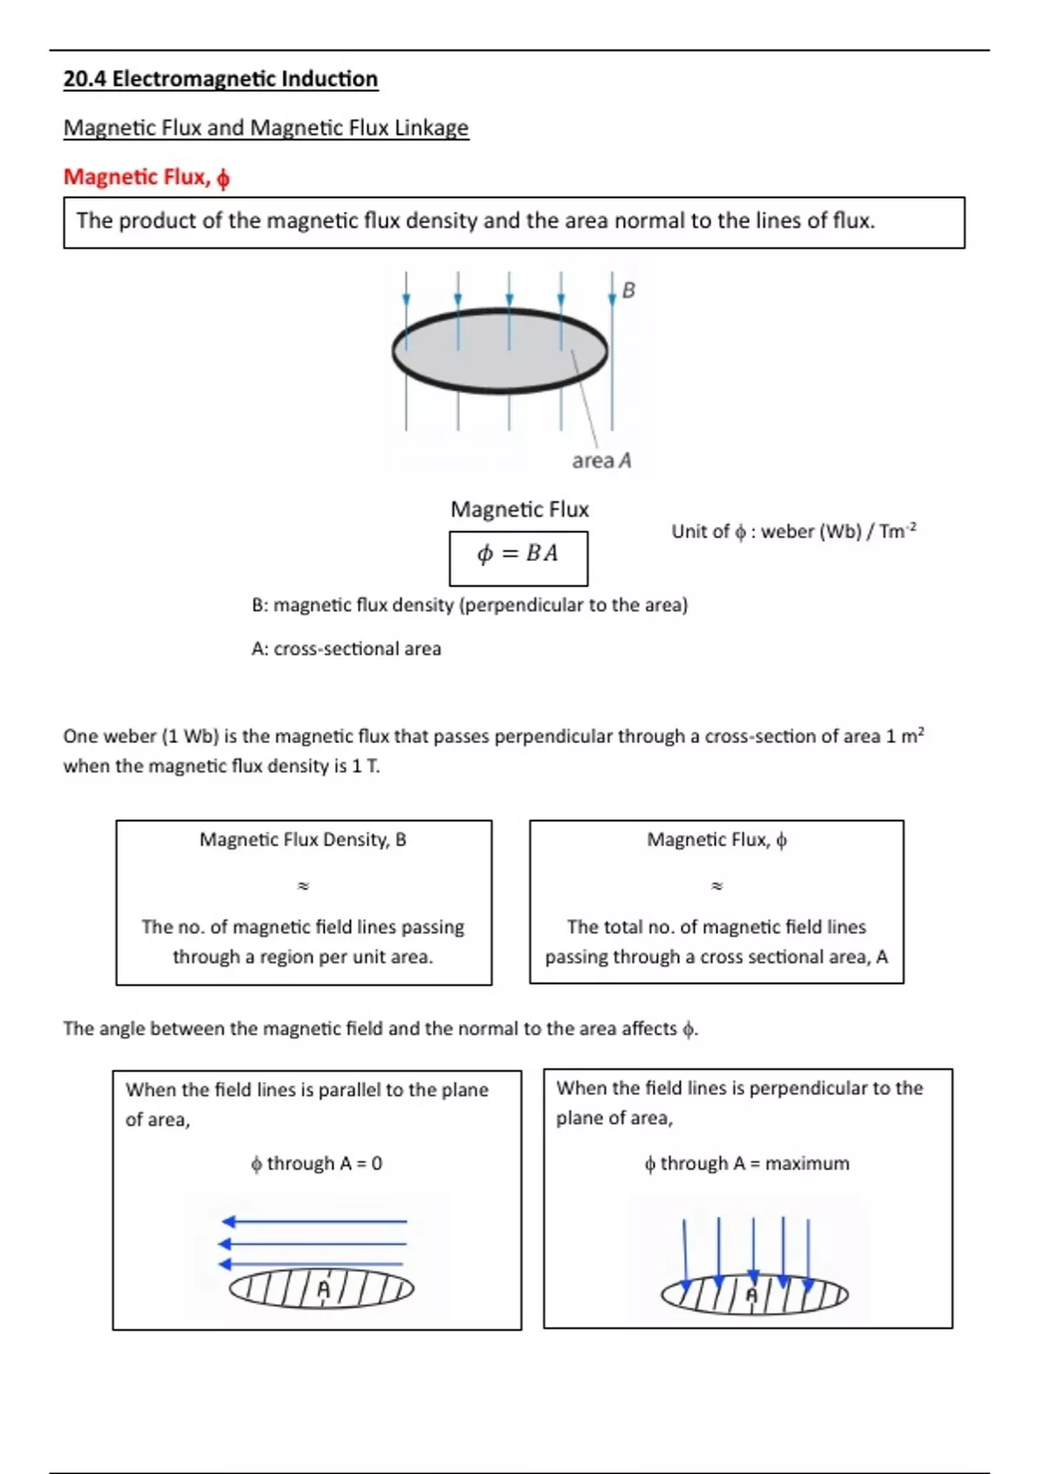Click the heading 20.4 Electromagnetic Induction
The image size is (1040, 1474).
click(x=220, y=79)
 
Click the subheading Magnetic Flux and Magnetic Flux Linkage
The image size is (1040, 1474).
click(x=265, y=128)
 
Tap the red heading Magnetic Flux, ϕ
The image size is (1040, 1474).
click(x=146, y=177)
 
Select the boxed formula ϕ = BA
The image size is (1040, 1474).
click(x=517, y=554)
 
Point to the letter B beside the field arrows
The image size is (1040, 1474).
click(x=629, y=290)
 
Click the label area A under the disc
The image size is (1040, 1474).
click(x=601, y=461)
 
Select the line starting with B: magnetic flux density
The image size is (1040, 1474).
click(x=469, y=605)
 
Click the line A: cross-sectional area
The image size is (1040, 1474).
click(x=346, y=649)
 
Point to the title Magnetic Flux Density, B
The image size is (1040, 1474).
click(x=302, y=839)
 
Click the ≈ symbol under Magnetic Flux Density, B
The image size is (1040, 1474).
click(x=303, y=886)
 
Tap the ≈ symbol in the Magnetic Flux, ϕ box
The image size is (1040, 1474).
click(x=717, y=886)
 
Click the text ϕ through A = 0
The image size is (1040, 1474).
click(x=316, y=1164)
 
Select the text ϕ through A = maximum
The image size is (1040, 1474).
click(x=746, y=1164)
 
